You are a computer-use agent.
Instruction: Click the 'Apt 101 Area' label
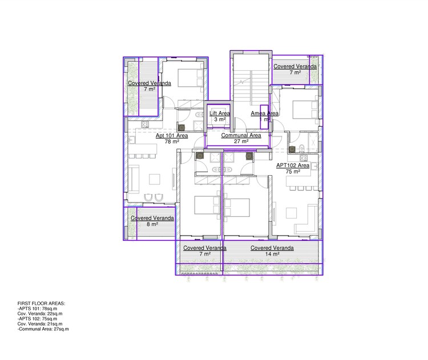[172, 136]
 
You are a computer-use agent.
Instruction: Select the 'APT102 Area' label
[292, 165]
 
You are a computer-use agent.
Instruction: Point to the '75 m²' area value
[293, 171]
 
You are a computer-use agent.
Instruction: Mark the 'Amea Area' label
[265, 114]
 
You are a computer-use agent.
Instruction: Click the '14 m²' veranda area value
[272, 254]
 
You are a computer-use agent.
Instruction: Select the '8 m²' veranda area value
[152, 224]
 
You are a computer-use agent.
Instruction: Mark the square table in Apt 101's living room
[155, 179]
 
